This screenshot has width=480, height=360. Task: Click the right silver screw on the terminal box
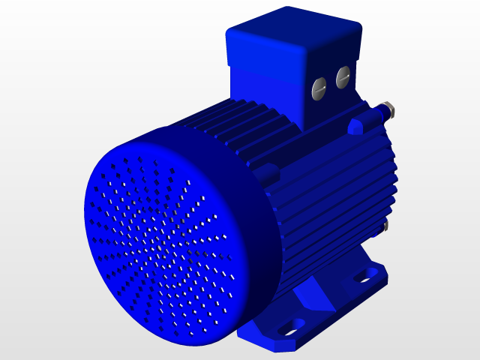point(343,76)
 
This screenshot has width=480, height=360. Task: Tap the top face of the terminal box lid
point(292,30)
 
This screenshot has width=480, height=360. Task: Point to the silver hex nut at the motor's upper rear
point(388,109)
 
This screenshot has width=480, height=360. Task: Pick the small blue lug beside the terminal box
point(355,126)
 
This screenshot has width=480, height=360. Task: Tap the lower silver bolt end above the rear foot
point(385,225)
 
